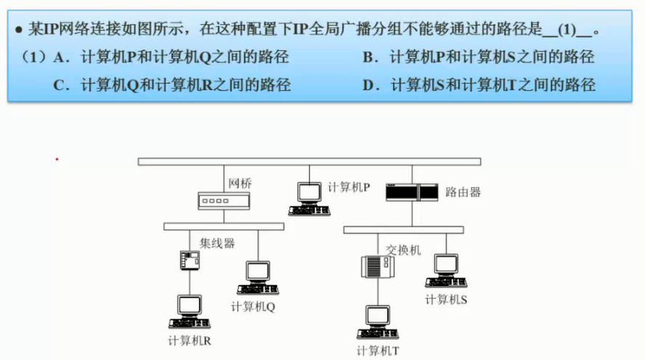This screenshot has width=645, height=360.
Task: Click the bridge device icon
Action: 217,200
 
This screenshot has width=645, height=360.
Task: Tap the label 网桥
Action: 240,183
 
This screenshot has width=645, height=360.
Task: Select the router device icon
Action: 412,193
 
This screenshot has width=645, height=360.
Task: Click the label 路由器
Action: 463,193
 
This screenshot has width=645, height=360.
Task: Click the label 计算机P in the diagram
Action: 349,188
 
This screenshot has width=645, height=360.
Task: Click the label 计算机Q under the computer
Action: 253,307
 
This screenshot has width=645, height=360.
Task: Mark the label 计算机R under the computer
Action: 189,340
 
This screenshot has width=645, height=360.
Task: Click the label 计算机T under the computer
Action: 377,351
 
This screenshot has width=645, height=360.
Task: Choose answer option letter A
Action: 60,57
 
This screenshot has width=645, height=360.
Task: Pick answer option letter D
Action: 372,85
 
